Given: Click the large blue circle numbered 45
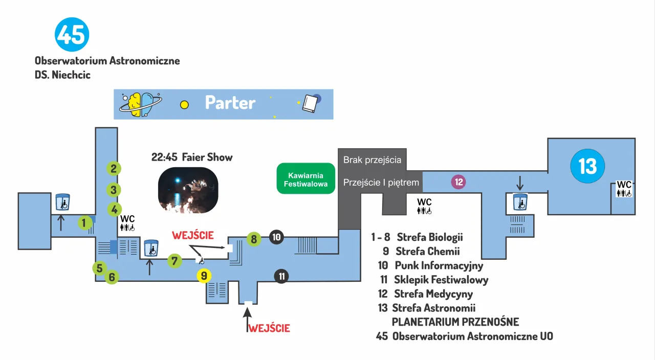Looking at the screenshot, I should click(72, 34).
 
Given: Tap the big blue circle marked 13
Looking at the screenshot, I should click(587, 166).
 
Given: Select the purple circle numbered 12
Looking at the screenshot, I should click(458, 182).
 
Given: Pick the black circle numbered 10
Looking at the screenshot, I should click(276, 237).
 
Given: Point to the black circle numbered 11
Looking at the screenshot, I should click(281, 277).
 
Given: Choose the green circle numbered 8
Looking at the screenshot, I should click(253, 239).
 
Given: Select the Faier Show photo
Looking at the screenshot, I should click(188, 190).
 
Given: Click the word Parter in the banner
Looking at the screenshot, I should click(230, 103).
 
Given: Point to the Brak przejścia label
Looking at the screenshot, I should click(372, 160).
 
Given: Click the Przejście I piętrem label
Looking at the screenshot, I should click(381, 183).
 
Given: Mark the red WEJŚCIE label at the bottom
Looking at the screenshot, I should click(269, 328).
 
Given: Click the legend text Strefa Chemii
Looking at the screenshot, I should click(427, 252).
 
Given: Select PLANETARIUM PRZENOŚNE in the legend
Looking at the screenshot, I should click(455, 322).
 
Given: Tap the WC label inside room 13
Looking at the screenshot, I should click(624, 185).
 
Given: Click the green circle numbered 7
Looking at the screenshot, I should click(174, 261).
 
